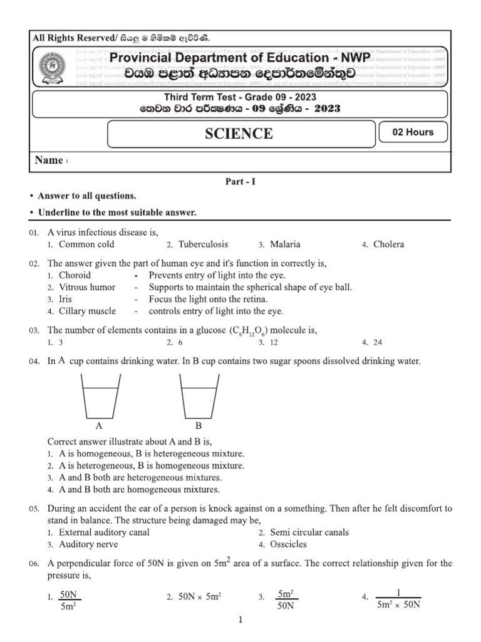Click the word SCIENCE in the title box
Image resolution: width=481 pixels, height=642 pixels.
tap(239, 134)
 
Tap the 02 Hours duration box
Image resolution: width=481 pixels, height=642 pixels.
tap(412, 132)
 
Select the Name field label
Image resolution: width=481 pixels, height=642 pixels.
tap(49, 160)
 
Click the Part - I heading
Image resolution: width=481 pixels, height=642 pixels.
tap(240, 182)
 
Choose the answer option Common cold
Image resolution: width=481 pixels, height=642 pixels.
tap(86, 245)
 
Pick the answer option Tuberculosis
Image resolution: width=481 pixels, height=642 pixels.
tap(203, 245)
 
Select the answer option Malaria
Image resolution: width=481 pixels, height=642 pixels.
tap(285, 245)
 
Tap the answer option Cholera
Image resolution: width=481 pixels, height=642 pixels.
tap(388, 245)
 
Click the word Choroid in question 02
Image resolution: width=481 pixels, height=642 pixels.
tap(75, 275)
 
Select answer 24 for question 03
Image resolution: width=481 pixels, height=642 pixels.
tap(376, 343)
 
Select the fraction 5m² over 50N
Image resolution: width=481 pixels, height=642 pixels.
tap(286, 599)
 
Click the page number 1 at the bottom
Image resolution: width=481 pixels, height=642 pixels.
tap(240, 621)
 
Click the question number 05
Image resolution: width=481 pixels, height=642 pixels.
tap(34, 509)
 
